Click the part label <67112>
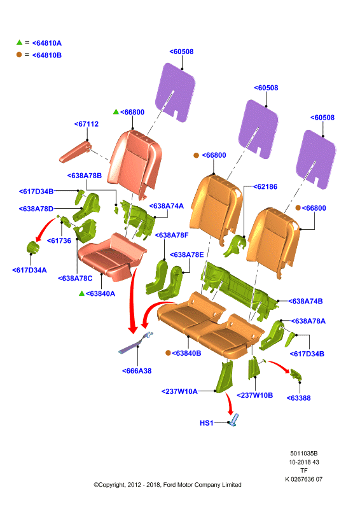(x=87, y=124)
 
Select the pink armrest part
(x=75, y=151)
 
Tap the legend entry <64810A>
(x=47, y=43)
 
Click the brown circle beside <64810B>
(x=19, y=55)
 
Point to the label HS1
(x=207, y=423)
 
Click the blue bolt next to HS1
(x=233, y=420)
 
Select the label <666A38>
(x=137, y=371)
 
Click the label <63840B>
(x=186, y=353)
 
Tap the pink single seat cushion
(x=112, y=256)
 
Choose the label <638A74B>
(x=305, y=301)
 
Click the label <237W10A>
(x=179, y=391)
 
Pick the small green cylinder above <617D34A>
(x=32, y=248)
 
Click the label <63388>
(x=299, y=398)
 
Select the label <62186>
(x=265, y=186)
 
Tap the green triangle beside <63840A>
(x=82, y=293)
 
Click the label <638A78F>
(x=172, y=235)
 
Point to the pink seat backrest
(x=135, y=164)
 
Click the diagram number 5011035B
(x=304, y=454)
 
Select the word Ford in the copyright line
(x=169, y=485)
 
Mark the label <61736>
(x=59, y=241)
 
